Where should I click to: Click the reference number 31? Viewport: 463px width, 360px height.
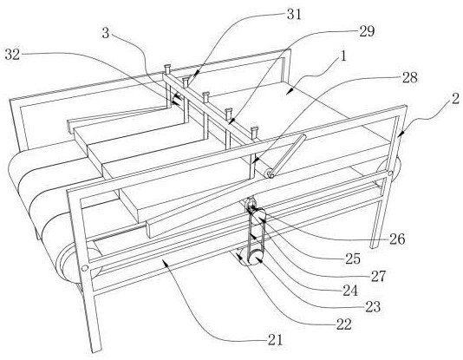294,15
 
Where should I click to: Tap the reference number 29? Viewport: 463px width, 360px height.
367,31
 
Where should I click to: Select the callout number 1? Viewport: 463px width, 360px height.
342,56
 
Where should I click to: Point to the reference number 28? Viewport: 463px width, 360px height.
410,77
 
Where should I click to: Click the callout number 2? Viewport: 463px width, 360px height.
455,99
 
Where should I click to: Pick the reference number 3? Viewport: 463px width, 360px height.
106,33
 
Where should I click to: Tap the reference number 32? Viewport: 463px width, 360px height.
12,55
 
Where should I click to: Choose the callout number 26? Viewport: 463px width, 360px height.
397,239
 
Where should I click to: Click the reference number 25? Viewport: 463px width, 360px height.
353,259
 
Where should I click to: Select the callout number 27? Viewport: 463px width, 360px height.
379,276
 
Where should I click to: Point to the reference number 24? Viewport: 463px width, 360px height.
350,291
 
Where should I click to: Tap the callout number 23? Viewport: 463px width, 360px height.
373,307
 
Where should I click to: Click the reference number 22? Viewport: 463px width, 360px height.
344,324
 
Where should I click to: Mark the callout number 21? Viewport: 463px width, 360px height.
275,340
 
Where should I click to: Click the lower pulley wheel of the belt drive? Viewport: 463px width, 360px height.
254,258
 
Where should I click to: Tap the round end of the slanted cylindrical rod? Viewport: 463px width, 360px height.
270,173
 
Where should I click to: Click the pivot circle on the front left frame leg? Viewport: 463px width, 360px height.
85,268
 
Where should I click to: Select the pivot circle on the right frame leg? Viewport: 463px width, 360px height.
390,173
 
